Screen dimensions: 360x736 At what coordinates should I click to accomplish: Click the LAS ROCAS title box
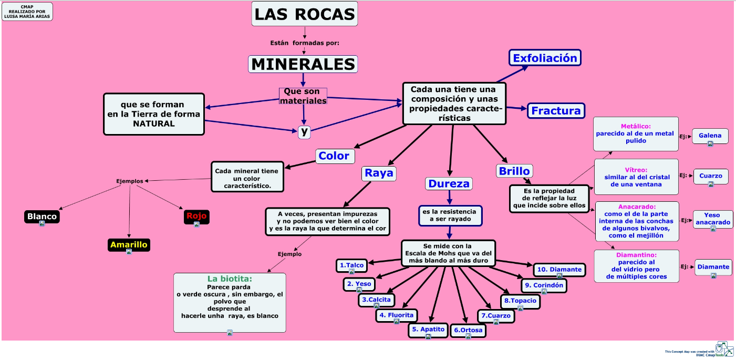click(305, 14)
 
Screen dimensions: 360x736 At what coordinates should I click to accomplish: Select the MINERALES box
click(303, 64)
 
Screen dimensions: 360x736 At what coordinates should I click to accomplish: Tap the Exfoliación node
click(545, 58)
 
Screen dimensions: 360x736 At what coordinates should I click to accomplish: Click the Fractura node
click(556, 110)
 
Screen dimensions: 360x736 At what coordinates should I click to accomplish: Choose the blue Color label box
click(334, 156)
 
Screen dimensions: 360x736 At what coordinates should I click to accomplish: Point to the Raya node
click(379, 173)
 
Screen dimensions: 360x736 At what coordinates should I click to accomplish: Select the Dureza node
click(449, 183)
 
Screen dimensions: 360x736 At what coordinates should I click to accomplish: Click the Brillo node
click(514, 171)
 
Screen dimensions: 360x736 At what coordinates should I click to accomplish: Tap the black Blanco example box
click(42, 216)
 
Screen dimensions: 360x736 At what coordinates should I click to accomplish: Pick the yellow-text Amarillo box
click(129, 244)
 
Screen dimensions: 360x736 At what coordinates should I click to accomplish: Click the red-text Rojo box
click(196, 215)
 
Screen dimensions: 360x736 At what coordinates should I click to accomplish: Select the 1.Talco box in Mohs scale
click(351, 265)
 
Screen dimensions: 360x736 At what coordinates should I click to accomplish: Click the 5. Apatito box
click(428, 330)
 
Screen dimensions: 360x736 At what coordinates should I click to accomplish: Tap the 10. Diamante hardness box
click(559, 270)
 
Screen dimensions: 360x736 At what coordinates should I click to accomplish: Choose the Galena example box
click(710, 136)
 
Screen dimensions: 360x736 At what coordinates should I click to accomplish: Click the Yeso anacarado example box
click(712, 219)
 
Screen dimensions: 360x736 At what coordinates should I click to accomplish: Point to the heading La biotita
click(230, 279)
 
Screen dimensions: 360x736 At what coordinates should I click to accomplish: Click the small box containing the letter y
click(304, 132)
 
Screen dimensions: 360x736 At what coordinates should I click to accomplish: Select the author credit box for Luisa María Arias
click(27, 11)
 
